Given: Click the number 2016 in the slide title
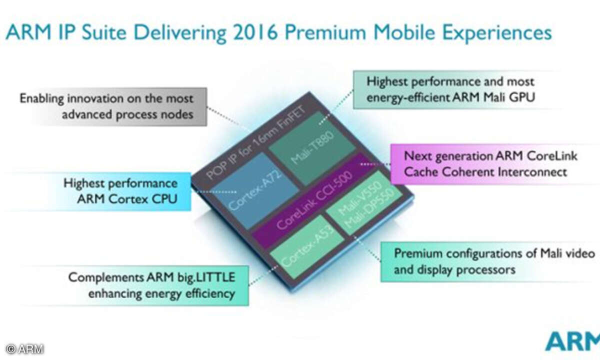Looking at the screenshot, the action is point(255,32).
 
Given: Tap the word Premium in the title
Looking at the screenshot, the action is point(325,32).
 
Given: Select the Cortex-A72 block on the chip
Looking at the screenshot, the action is point(255,190).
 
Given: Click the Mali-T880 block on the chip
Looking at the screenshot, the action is point(312,148).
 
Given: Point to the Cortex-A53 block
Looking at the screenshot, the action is point(307,246).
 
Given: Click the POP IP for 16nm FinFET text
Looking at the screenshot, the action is point(255,142).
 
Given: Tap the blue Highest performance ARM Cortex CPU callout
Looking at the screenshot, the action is point(112,191).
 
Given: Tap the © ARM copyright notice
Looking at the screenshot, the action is point(24,349).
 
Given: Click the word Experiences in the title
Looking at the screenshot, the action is point(497,33).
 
